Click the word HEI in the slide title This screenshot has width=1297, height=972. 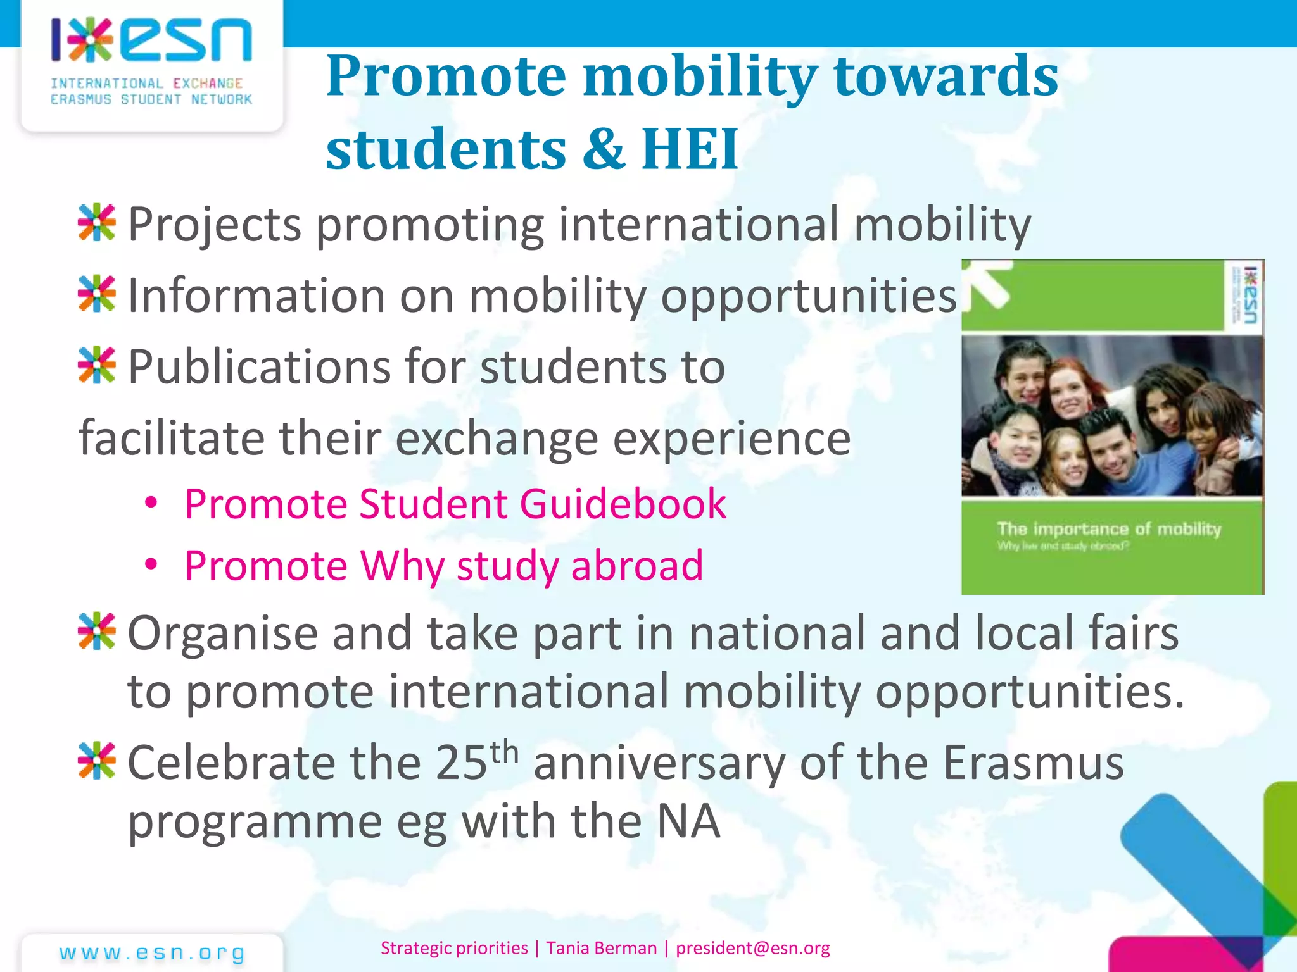[690, 149]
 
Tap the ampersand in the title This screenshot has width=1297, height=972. [605, 149]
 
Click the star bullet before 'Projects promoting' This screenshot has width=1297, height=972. [97, 223]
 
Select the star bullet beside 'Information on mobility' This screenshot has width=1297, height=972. [97, 294]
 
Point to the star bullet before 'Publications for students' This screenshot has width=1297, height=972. [97, 365]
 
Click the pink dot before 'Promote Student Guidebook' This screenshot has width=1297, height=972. [151, 503]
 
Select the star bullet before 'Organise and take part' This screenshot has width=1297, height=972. [97, 631]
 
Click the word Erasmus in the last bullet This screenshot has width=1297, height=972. [1033, 763]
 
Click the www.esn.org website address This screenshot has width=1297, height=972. [152, 953]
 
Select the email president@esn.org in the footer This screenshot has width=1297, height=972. [752, 948]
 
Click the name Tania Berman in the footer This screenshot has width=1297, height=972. [602, 948]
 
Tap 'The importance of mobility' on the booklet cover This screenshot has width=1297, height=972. [1109, 529]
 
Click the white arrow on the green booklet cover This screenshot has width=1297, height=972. [991, 284]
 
